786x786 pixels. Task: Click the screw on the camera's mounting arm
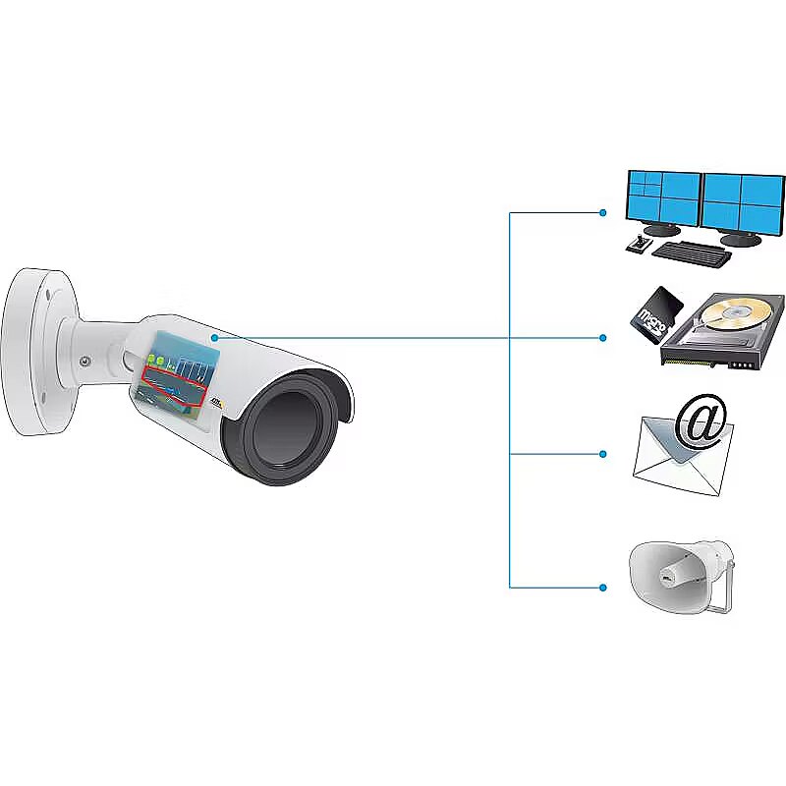pos(84,361)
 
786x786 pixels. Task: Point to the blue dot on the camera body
pos(214,337)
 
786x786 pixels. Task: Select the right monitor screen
pos(744,202)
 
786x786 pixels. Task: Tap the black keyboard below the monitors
pos(692,253)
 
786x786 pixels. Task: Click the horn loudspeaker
pos(678,574)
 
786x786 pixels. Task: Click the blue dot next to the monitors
pos(603,212)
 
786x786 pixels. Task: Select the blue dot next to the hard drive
pos(603,338)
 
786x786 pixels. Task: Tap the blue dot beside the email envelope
pos(603,454)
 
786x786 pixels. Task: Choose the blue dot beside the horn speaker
pos(603,588)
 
